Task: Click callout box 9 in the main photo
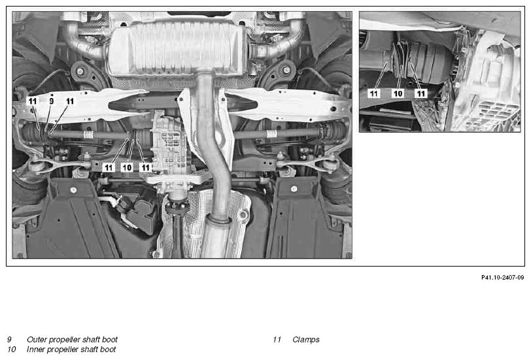52,101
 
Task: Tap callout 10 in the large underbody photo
127,167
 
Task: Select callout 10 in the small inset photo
398,93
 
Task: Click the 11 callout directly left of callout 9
33,101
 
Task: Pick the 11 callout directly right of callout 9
70,101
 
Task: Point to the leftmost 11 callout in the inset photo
374,93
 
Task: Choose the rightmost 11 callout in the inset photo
421,93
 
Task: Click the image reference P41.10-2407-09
502,278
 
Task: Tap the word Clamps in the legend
306,339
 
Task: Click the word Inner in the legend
36,349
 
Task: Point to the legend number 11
277,339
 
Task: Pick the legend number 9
9,339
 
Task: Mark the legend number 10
12,349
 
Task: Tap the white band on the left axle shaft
88,135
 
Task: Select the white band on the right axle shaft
271,134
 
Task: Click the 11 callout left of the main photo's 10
109,167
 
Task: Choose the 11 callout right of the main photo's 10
146,167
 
